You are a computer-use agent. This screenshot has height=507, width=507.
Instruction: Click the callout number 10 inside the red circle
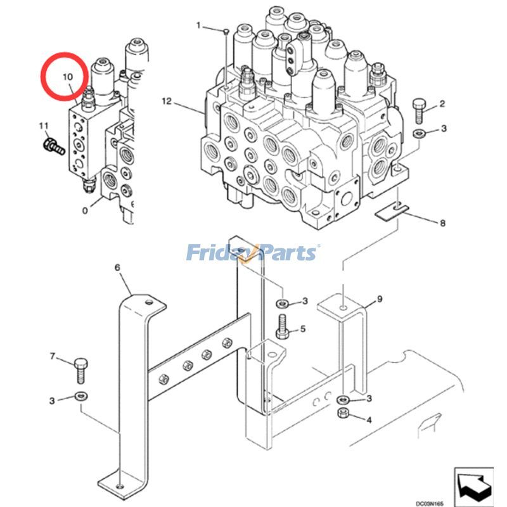coord(68,76)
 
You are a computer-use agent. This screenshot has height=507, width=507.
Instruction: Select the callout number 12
coord(167,101)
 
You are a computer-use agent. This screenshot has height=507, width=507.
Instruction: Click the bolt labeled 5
coord(283,326)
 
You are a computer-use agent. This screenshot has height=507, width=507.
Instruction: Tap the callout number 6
coord(117,268)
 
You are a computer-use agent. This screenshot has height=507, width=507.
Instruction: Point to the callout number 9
coord(379,298)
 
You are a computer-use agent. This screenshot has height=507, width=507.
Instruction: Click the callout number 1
coord(198,25)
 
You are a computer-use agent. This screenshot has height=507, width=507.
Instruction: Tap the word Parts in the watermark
coord(286,253)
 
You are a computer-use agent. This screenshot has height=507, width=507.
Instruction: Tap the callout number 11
coord(43,124)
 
